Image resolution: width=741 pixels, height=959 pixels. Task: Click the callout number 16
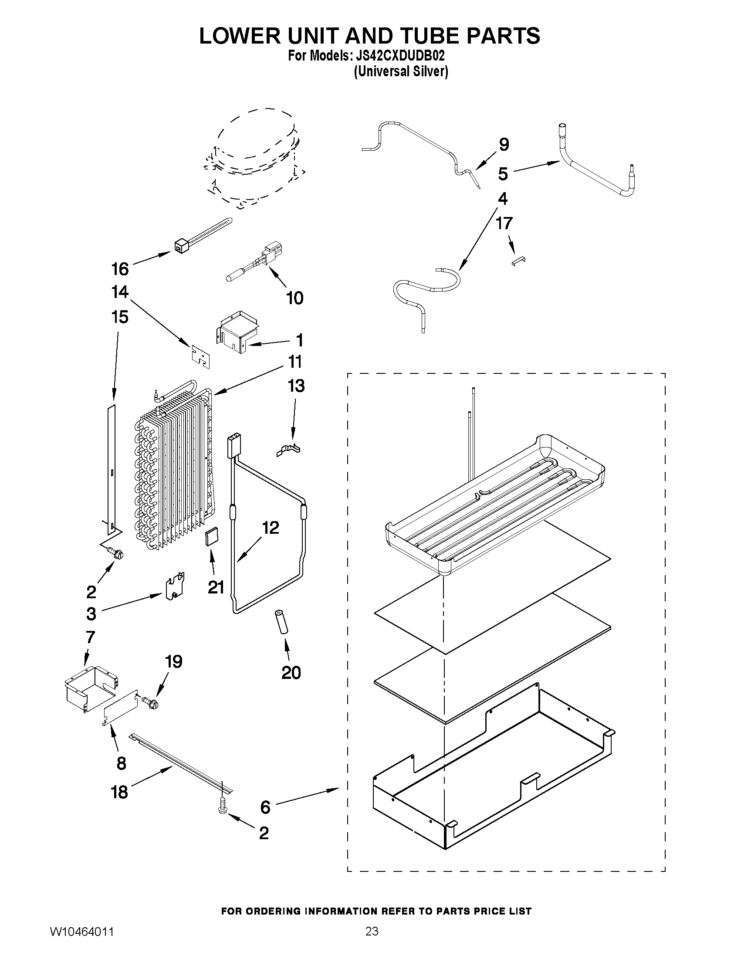point(120,269)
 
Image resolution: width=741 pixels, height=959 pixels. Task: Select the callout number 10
point(294,298)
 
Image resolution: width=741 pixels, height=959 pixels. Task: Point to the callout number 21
point(216,587)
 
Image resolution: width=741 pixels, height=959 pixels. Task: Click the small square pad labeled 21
point(212,537)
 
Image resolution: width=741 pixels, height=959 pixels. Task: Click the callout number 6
point(265,807)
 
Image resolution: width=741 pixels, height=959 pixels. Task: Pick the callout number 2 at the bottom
point(264,833)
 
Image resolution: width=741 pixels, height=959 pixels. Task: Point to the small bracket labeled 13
point(289,450)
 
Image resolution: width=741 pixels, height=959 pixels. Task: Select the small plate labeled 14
point(200,355)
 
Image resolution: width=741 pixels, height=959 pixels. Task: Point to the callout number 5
point(503,174)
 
